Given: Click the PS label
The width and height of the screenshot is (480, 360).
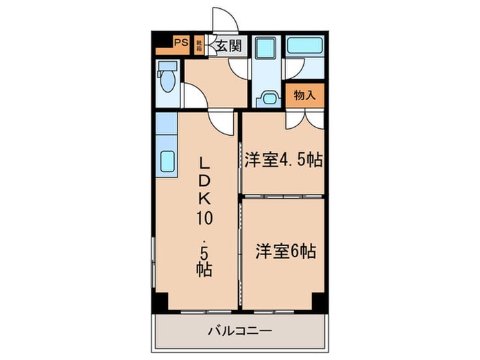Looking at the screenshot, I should tap(180, 43).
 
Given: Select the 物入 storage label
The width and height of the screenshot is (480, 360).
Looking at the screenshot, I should tap(304, 95).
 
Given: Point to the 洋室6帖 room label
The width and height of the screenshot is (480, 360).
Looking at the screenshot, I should tap(286, 251).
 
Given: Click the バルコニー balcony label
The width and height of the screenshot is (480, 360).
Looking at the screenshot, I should tap(240, 331).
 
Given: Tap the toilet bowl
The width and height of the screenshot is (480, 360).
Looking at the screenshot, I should tap(166, 79).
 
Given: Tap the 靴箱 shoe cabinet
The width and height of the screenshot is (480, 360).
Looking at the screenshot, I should tap(199, 45).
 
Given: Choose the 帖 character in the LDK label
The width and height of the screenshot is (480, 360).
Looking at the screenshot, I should tap(204, 268).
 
